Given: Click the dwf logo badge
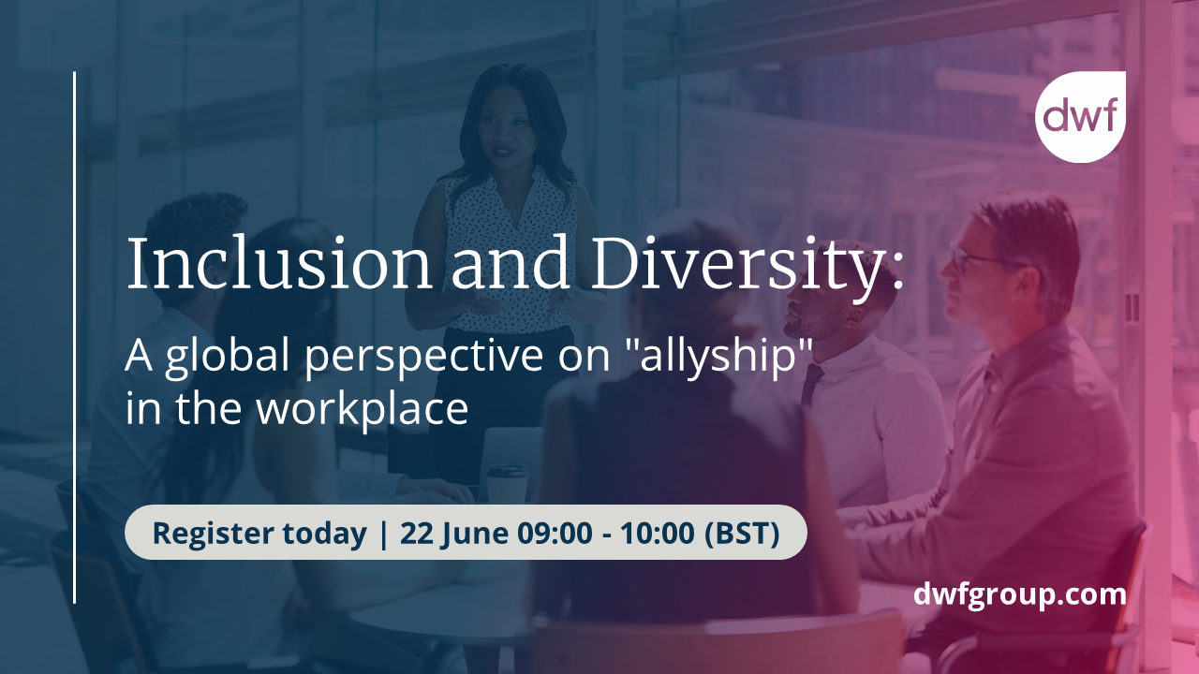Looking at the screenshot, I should [x=1080, y=117].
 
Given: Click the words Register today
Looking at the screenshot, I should [x=259, y=533].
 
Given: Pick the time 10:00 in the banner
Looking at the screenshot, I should [x=660, y=533].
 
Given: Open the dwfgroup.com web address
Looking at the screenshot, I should [x=1020, y=593].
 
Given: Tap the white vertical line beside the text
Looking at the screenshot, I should [x=74, y=337].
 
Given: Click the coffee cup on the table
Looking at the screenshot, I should [x=507, y=482].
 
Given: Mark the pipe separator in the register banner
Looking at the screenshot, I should [x=383, y=533].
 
